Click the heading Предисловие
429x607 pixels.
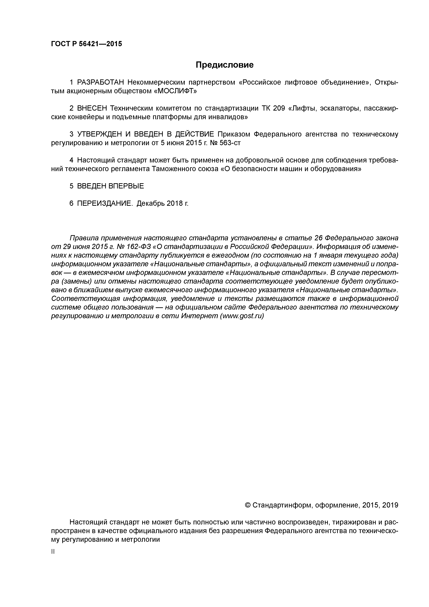tap(224, 65)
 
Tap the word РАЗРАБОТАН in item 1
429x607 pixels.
tap(101, 83)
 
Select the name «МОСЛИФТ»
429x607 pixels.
tap(176, 91)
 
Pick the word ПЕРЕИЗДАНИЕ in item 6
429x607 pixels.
tap(105, 203)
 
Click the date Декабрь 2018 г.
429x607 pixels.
tap(163, 203)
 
